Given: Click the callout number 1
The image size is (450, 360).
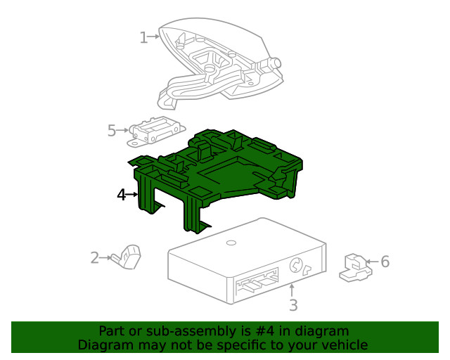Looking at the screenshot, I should pyautogui.click(x=143, y=37).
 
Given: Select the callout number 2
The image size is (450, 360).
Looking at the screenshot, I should pyautogui.click(x=95, y=258).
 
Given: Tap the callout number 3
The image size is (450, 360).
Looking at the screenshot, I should pyautogui.click(x=293, y=305).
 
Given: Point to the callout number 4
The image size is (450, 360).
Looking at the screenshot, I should pyautogui.click(x=122, y=195).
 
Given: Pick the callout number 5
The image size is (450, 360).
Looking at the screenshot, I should pyautogui.click(x=112, y=130).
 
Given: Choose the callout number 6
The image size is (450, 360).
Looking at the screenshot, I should pyautogui.click(x=385, y=262).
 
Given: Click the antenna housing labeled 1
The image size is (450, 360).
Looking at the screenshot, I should pyautogui.click(x=218, y=63).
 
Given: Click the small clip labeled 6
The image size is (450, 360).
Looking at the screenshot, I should pyautogui.click(x=355, y=267).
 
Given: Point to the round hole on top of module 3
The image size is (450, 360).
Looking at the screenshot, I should pyautogui.click(x=230, y=243).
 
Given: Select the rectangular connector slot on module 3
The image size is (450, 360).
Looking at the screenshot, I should pyautogui.click(x=257, y=283).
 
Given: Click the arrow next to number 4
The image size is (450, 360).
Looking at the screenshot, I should pyautogui.click(x=132, y=195).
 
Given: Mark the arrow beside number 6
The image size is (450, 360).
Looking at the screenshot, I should pyautogui.click(x=372, y=262).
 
